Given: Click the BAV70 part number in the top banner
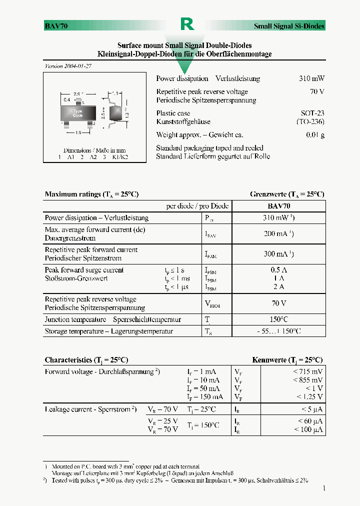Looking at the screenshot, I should click(x=56, y=26).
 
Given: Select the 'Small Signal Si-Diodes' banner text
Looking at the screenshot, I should click(x=289, y=26).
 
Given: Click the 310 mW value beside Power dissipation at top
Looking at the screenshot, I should click(x=311, y=78).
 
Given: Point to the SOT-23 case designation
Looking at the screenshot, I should click(x=312, y=113).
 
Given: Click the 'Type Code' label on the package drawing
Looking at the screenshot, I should click(x=77, y=113).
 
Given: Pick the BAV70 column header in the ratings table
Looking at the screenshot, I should click(x=279, y=206).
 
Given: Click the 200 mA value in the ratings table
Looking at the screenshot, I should click(x=278, y=233).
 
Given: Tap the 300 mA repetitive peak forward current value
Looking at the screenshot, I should click(x=278, y=254).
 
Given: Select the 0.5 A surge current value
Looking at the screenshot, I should click(x=278, y=270).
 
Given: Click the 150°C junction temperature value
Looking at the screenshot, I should click(x=278, y=319).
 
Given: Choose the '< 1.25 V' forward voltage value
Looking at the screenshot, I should click(x=309, y=397).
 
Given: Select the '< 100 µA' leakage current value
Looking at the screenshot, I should click(x=308, y=429).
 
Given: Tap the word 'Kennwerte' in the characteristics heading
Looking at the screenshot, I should click(x=269, y=360).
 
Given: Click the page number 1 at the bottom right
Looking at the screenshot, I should click(x=324, y=488).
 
